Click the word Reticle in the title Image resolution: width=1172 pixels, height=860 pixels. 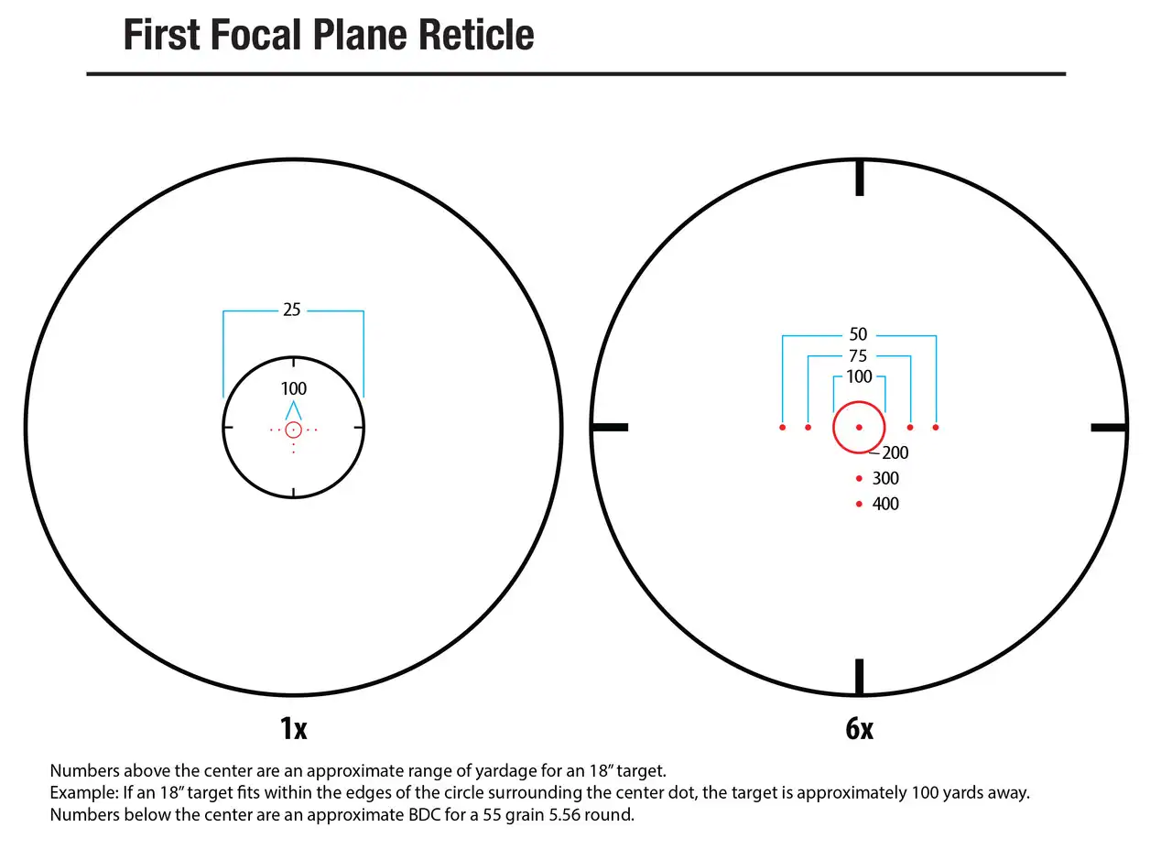pyautogui.click(x=476, y=35)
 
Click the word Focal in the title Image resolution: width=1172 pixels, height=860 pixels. pyautogui.click(x=257, y=35)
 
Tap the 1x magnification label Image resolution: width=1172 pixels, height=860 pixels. pyautogui.click(x=294, y=728)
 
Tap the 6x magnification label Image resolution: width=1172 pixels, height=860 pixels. pyautogui.click(x=860, y=728)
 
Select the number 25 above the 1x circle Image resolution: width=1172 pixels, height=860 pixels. pyautogui.click(x=292, y=310)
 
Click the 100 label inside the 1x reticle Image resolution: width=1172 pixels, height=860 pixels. pyautogui.click(x=294, y=389)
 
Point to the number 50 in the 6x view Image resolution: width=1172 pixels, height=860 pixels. pyautogui.click(x=858, y=334)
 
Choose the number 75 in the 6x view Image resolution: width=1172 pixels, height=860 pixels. pyautogui.click(x=858, y=356)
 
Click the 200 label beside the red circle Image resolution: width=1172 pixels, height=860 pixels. pyautogui.click(x=895, y=452)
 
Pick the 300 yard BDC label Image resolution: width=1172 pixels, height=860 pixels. pyautogui.click(x=885, y=478)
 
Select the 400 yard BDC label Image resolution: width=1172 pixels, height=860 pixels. pyautogui.click(x=885, y=504)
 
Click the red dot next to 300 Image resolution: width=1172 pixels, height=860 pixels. pyautogui.click(x=859, y=478)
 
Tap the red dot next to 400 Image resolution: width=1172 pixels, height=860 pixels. pyautogui.click(x=859, y=504)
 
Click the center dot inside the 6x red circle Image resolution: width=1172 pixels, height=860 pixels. pyautogui.click(x=859, y=428)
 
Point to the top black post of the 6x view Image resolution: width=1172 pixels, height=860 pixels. pyautogui.click(x=860, y=179)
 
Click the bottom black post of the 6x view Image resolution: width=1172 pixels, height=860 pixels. pyautogui.click(x=860, y=677)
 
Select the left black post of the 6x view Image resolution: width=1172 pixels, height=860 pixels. pyautogui.click(x=610, y=428)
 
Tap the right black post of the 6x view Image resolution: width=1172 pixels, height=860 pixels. pyautogui.click(x=1109, y=428)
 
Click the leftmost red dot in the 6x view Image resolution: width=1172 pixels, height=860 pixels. pyautogui.click(x=783, y=428)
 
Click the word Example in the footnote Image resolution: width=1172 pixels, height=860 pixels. pyautogui.click(x=84, y=793)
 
